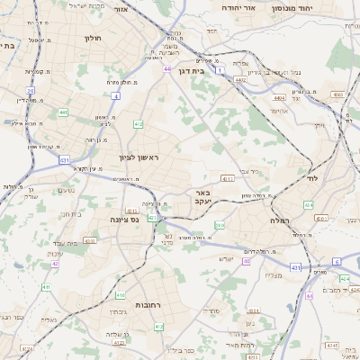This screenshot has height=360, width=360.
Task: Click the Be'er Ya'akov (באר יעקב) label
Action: click(x=205, y=197)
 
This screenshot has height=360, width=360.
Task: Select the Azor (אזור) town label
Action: click(x=147, y=7)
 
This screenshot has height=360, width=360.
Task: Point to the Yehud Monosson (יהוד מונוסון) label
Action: click(x=318, y=7)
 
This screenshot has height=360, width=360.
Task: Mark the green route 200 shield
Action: click(x=220, y=226)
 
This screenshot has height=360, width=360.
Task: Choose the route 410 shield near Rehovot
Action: click(x=121, y=294)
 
